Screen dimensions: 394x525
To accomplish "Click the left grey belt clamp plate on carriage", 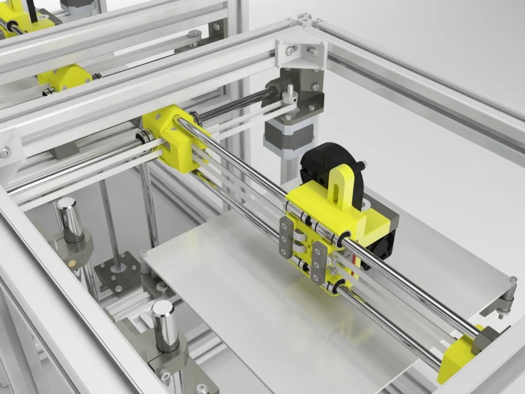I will (285, 237).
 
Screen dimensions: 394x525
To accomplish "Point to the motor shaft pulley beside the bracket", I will (289, 96).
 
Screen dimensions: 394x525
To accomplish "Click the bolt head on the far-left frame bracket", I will (5, 152).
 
